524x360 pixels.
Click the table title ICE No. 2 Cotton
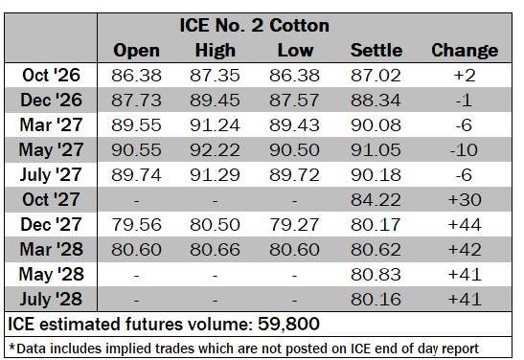(x=254, y=26)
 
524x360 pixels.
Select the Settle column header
(x=376, y=51)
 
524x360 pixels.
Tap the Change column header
(x=465, y=51)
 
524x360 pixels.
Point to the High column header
(x=216, y=51)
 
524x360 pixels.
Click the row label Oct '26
(x=51, y=75)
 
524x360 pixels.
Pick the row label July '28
(x=51, y=300)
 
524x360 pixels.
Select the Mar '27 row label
(x=51, y=124)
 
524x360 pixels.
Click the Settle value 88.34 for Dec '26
(x=376, y=101)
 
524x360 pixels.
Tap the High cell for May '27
(x=215, y=150)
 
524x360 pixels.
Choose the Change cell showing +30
(x=465, y=200)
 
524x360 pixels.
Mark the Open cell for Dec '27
(x=136, y=224)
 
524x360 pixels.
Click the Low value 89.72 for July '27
(x=294, y=174)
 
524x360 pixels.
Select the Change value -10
(x=464, y=150)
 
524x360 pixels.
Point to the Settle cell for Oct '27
(x=376, y=200)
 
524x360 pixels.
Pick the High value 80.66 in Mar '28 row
(x=215, y=250)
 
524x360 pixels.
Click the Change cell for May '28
(x=465, y=275)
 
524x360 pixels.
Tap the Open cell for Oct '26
(x=136, y=75)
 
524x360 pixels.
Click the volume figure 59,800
(x=288, y=324)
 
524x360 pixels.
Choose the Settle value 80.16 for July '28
(x=376, y=300)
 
